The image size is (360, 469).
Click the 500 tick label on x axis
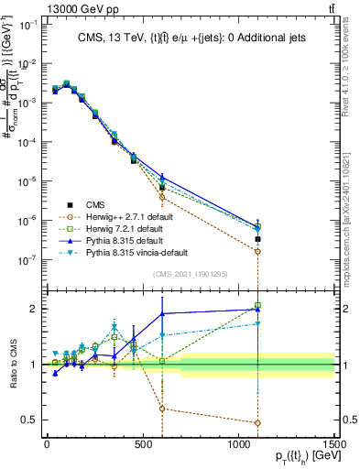(143, 445)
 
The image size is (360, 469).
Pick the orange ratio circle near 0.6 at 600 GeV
(162, 409)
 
